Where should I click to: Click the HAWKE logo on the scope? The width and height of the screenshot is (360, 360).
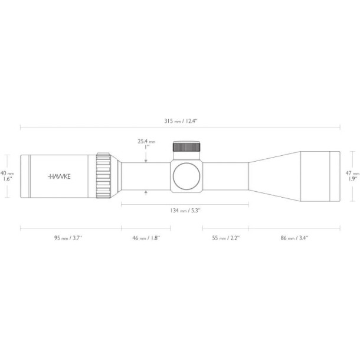coord(58,176)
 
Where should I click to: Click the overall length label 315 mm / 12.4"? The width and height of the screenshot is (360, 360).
coord(180,120)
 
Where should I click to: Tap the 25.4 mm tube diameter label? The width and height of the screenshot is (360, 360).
coord(146,142)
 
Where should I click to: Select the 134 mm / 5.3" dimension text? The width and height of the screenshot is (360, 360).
coord(185,211)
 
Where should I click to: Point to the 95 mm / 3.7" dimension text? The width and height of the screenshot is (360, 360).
coord(68,238)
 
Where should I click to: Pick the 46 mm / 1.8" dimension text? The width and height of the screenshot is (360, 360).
coord(146,238)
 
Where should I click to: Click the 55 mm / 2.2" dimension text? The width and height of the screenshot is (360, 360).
coord(225,238)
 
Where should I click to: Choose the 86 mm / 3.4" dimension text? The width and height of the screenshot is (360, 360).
coord(294,238)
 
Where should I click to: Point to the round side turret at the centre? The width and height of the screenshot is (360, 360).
coord(186,175)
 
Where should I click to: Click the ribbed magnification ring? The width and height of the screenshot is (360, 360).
coord(104,175)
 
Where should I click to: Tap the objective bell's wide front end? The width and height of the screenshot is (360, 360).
coord(320,175)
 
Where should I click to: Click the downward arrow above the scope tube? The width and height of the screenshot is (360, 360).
coord(146,159)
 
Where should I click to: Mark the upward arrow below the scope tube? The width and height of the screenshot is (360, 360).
coord(146,192)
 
